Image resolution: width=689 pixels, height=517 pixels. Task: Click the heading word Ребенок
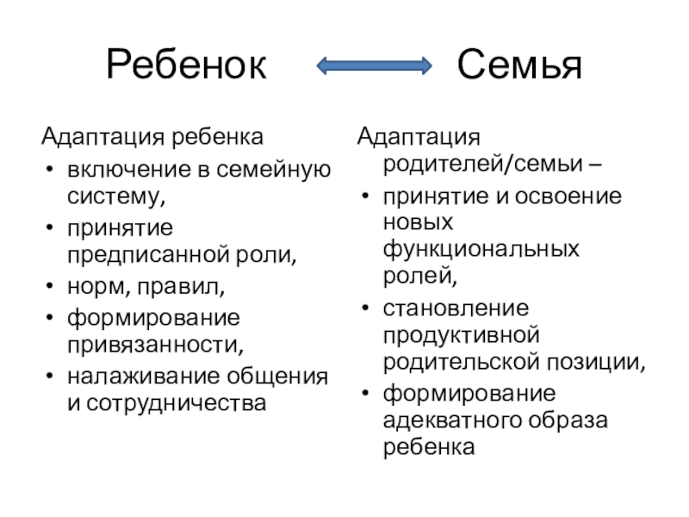[x=186, y=65]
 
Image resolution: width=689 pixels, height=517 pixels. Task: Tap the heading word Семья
[x=519, y=65]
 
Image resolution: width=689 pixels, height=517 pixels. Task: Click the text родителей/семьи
[x=465, y=164]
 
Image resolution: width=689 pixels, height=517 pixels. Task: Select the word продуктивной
[x=462, y=333]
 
